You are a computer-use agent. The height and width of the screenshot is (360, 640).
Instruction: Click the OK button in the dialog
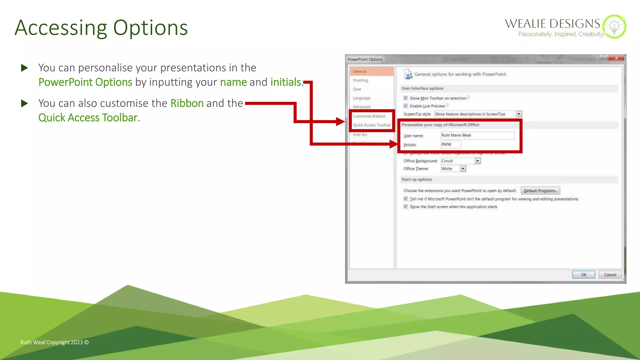(583, 275)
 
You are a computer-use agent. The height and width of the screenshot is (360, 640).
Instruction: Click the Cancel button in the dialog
(610, 275)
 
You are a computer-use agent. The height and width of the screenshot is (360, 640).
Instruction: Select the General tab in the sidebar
(360, 72)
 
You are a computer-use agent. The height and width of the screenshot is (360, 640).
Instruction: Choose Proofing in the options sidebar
(360, 80)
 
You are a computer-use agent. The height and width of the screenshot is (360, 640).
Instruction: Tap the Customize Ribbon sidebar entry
(369, 116)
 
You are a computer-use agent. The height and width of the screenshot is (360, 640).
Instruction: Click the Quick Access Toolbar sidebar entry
(371, 125)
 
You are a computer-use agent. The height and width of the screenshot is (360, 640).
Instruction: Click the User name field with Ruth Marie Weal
(477, 135)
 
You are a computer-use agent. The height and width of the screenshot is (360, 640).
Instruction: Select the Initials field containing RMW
(450, 144)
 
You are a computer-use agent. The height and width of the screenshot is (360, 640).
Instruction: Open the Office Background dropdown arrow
(477, 161)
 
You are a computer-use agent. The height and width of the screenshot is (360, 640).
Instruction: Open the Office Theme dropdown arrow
(463, 169)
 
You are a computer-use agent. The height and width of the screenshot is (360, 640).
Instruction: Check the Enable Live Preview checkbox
(406, 106)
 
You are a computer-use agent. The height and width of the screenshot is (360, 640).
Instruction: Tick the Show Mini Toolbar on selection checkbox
(406, 98)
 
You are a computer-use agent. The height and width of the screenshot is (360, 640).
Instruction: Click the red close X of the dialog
(616, 58)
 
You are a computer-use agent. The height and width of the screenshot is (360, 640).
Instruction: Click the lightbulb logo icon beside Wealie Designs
(614, 27)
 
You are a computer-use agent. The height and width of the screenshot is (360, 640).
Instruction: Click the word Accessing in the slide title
(61, 28)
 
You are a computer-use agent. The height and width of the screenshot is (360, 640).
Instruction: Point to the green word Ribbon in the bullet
(187, 103)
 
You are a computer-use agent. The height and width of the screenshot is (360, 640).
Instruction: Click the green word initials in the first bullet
(286, 82)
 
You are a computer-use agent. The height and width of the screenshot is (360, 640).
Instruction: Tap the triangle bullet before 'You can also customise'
(24, 103)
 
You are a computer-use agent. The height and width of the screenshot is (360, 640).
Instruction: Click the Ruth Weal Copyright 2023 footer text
(54, 342)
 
